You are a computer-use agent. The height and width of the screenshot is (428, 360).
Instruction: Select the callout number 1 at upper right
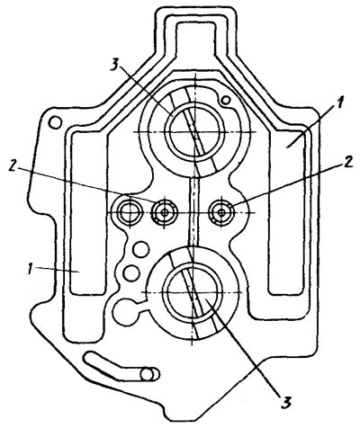coord(338,104)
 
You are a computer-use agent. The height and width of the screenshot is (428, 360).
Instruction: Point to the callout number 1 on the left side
coord(30,269)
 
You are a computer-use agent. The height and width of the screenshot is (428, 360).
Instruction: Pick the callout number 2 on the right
coord(347,163)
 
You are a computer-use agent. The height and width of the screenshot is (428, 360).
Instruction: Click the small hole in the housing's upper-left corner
coord(55,122)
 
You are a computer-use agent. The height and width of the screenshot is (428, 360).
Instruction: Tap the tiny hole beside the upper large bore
coord(225,100)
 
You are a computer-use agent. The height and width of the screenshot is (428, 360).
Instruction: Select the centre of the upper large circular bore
coord(195,132)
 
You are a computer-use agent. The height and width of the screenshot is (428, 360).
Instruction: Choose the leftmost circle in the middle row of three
coord(130,211)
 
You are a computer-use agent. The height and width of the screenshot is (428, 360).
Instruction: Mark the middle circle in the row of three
coord(164,212)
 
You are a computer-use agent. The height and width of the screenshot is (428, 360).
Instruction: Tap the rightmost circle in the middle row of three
coord(221,212)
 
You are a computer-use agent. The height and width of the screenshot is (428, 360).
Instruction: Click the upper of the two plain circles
coord(140,249)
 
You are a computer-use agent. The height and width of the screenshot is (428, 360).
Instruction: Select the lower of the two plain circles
coord(131,272)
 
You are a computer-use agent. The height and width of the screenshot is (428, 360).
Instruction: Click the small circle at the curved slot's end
coord(149,374)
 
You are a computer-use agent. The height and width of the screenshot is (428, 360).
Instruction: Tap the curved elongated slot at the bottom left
coord(114,366)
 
